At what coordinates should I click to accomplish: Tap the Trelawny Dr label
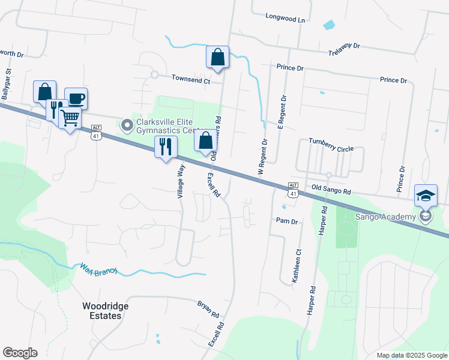344,50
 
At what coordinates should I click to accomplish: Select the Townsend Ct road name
191,79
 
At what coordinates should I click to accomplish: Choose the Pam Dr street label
287,221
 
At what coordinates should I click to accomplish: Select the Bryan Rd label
208,309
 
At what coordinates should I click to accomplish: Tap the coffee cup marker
76,98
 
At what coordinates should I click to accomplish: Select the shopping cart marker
70,118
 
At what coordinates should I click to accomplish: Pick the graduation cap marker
426,196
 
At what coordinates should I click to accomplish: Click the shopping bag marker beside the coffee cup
44,92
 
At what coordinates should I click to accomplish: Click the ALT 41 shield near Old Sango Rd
293,189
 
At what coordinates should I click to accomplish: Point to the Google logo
20,353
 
